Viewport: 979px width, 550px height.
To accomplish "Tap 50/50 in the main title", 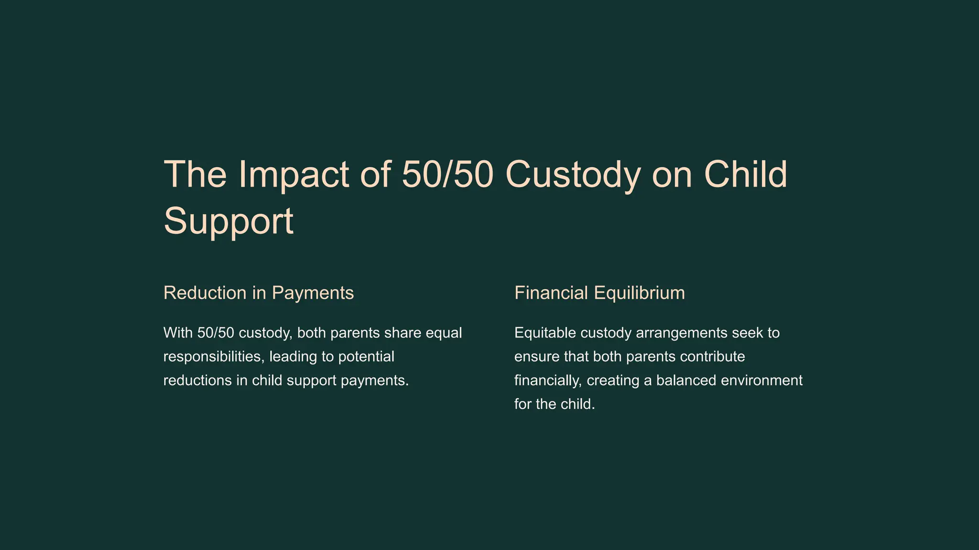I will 447,175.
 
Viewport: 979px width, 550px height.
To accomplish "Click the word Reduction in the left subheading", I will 205,293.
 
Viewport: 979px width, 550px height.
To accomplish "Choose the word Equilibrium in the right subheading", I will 639,293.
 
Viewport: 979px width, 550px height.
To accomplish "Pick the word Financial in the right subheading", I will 551,293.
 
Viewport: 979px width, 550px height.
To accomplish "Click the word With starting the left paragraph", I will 178,333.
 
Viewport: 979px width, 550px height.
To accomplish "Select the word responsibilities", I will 213,357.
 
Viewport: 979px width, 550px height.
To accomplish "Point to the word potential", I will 366,357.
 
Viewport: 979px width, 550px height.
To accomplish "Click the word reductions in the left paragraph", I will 197,381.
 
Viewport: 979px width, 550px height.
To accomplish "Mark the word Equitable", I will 545,333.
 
